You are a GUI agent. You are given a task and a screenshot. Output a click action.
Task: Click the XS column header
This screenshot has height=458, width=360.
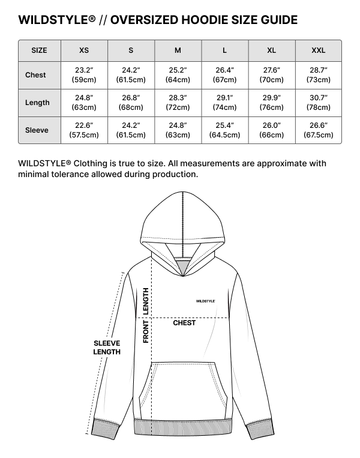click(84, 50)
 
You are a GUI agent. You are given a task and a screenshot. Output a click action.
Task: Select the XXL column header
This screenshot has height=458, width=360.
click(318, 50)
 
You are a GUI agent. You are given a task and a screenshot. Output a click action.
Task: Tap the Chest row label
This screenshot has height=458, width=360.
click(35, 75)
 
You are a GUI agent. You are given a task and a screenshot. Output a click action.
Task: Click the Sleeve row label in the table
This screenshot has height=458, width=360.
click(37, 130)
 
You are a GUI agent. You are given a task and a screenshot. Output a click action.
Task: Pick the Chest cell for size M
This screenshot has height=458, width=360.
click(178, 75)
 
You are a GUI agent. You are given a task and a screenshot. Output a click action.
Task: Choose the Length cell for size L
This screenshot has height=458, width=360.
click(225, 103)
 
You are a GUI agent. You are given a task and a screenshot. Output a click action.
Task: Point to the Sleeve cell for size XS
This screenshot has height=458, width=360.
click(84, 130)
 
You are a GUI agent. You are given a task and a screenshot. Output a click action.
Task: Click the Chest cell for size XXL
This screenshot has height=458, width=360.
click(318, 75)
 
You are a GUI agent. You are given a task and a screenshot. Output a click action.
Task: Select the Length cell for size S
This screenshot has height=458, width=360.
click(131, 103)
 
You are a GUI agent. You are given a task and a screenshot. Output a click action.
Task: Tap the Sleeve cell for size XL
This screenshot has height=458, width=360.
click(271, 130)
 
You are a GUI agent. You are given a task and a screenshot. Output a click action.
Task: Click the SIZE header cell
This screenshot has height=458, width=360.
click(39, 50)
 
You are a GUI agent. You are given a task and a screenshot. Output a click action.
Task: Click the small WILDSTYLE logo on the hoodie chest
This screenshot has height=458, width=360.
click(205, 301)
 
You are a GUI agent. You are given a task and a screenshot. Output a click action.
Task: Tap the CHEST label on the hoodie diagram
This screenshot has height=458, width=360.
click(184, 323)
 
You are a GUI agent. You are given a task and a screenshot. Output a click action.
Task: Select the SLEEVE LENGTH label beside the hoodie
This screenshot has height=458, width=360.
click(107, 348)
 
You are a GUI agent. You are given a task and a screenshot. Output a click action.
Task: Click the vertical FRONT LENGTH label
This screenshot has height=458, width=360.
click(146, 315)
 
